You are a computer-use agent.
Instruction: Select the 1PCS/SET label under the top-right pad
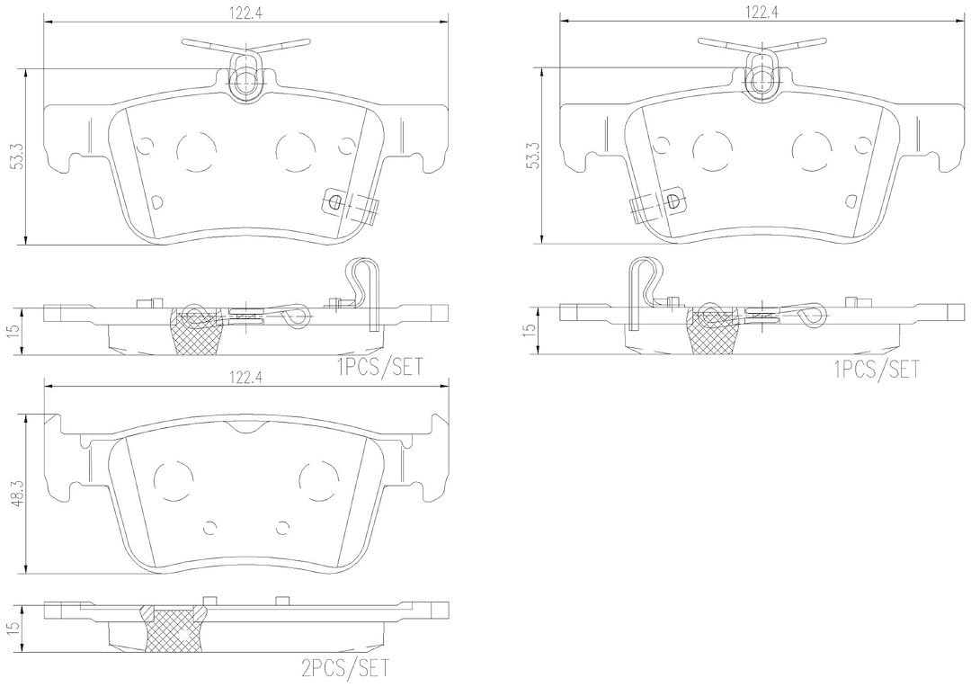point(877,370)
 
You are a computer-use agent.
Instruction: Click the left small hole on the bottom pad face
point(209,527)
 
